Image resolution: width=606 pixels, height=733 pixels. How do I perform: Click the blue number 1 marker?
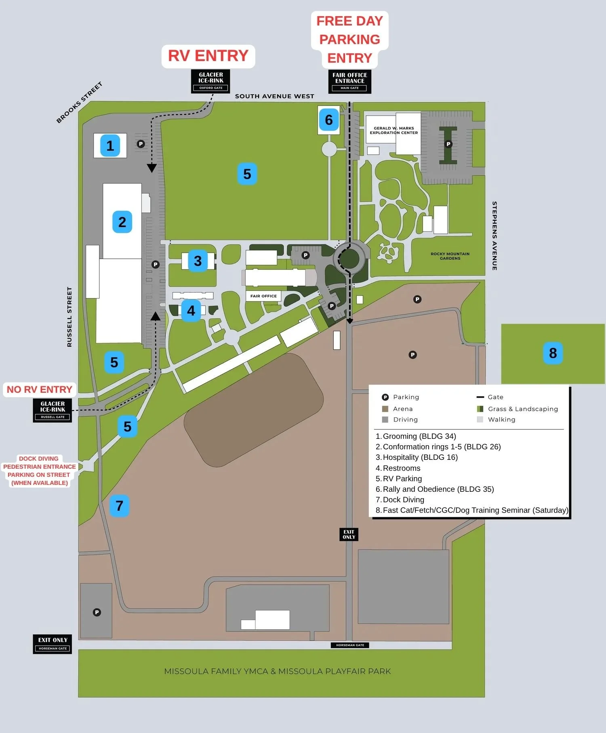click(110, 145)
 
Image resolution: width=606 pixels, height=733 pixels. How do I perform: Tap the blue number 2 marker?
click(122, 222)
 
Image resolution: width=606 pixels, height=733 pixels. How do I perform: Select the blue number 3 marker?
click(198, 261)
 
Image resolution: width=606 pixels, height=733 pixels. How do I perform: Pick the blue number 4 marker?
click(191, 311)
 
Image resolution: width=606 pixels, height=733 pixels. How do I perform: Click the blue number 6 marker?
click(329, 120)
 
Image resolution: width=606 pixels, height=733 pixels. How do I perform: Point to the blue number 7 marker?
click(119, 506)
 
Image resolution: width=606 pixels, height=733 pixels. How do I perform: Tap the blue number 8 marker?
click(553, 353)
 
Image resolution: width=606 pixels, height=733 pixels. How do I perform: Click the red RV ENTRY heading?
click(208, 56)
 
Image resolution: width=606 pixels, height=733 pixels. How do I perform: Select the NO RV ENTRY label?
click(40, 390)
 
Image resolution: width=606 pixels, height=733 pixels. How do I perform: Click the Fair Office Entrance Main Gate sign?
click(350, 81)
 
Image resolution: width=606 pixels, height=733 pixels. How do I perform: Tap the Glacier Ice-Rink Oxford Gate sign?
click(210, 81)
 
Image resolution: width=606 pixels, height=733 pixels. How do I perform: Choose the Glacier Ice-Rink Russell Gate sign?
click(53, 410)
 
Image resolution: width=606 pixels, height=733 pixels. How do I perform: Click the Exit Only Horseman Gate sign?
click(53, 644)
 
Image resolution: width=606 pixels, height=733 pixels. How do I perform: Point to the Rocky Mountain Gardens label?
click(450, 256)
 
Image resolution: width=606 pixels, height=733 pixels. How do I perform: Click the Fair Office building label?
click(263, 296)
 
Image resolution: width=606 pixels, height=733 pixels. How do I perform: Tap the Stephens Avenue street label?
click(494, 236)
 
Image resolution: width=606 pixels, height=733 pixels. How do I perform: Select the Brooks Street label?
click(79, 102)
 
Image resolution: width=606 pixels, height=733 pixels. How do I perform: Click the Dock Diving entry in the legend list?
click(403, 500)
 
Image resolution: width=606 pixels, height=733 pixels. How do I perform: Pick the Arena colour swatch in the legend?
click(385, 409)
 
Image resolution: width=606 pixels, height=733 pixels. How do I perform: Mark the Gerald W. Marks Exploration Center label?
click(393, 130)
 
